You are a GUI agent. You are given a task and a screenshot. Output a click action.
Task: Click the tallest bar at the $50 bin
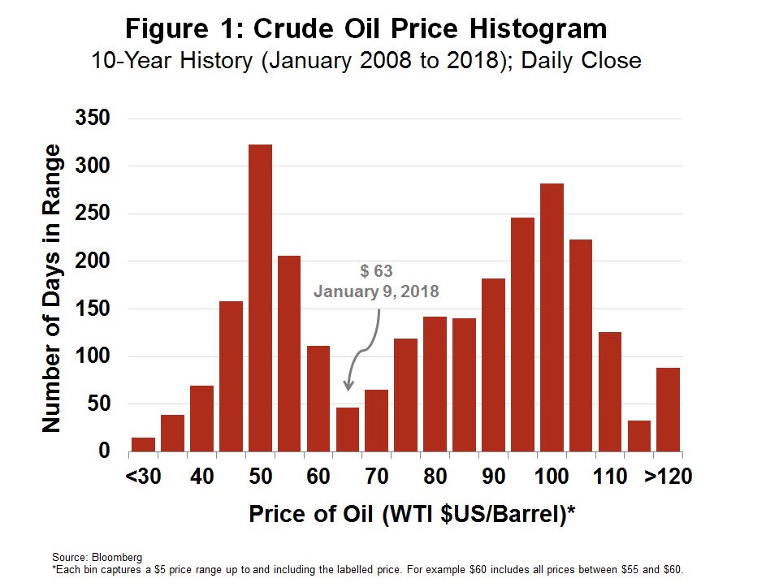pyautogui.click(x=260, y=297)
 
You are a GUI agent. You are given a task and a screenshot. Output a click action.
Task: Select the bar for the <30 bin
pyautogui.click(x=143, y=444)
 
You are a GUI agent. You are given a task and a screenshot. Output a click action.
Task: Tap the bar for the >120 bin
pyautogui.click(x=668, y=409)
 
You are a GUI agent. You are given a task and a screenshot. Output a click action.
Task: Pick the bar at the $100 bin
pyautogui.click(x=552, y=317)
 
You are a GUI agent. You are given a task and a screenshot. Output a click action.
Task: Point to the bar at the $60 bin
pyautogui.click(x=318, y=398)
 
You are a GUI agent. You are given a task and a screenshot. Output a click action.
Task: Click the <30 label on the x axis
pyautogui.click(x=143, y=476)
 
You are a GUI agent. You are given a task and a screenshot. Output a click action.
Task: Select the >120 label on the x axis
pyautogui.click(x=668, y=476)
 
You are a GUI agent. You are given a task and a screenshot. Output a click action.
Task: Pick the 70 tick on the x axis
pyautogui.click(x=376, y=476)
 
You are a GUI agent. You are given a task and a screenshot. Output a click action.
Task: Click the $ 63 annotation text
pyautogui.click(x=377, y=271)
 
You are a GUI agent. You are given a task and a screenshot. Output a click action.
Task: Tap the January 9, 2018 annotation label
pyautogui.click(x=377, y=291)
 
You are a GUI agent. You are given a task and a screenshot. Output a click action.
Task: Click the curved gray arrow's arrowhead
pyautogui.click(x=349, y=387)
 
